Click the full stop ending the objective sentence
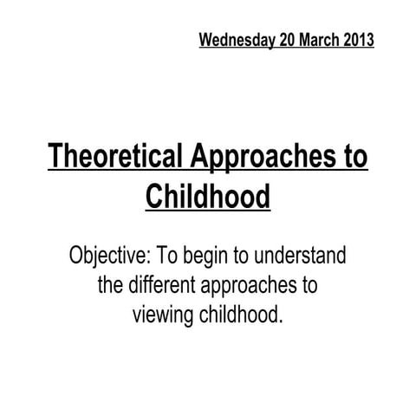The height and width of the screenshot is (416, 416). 281,322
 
